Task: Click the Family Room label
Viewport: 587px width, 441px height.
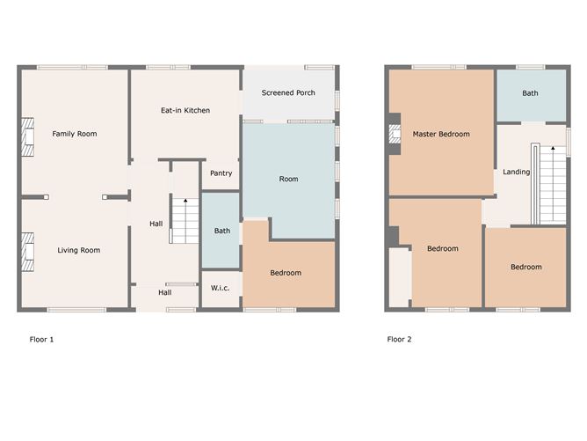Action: click(x=75, y=134)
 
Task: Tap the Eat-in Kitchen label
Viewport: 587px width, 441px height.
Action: click(x=185, y=110)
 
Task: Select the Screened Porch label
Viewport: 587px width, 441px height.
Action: click(x=288, y=92)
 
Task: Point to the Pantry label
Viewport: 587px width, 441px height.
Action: click(x=221, y=173)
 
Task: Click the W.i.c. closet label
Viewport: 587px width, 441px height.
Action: click(x=220, y=288)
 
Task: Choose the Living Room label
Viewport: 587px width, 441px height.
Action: click(x=78, y=250)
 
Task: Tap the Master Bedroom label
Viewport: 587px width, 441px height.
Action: click(x=441, y=134)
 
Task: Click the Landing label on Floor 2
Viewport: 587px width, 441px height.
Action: click(x=516, y=172)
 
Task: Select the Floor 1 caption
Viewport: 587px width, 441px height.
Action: click(x=41, y=340)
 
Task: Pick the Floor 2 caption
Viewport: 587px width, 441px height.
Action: click(x=399, y=340)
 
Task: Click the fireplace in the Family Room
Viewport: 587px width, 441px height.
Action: click(x=28, y=136)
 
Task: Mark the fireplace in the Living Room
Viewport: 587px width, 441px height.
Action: click(x=28, y=252)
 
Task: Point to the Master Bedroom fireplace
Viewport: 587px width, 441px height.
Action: click(x=395, y=134)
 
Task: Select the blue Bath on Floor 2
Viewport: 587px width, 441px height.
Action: click(x=532, y=96)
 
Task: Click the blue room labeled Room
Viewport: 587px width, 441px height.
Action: click(x=288, y=180)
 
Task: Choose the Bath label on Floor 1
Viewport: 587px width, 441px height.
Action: click(x=222, y=231)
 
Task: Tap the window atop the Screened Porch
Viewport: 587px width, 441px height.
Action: click(x=319, y=68)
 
